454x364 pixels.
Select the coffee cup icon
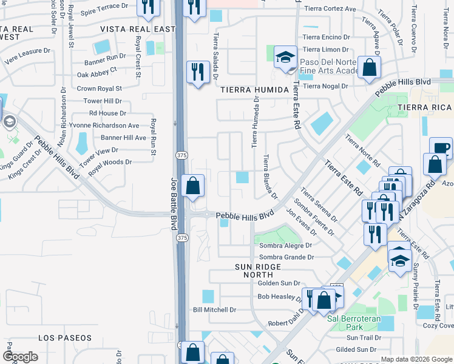pyautogui.click(x=441, y=147)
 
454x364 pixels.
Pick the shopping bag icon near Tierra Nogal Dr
pyautogui.click(x=369, y=67)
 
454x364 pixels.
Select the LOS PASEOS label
pyautogui.click(x=65, y=337)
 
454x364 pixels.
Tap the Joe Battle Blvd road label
pyautogui.click(x=172, y=204)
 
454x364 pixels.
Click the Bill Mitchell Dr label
pyautogui.click(x=214, y=310)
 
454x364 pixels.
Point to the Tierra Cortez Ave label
pyautogui.click(x=330, y=9)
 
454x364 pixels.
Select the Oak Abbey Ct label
pyautogui.click(x=97, y=70)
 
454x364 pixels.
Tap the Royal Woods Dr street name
pyautogui.click(x=110, y=163)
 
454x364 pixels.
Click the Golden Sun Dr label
pyautogui.click(x=279, y=283)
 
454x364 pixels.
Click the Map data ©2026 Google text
pyautogui.click(x=416, y=359)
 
